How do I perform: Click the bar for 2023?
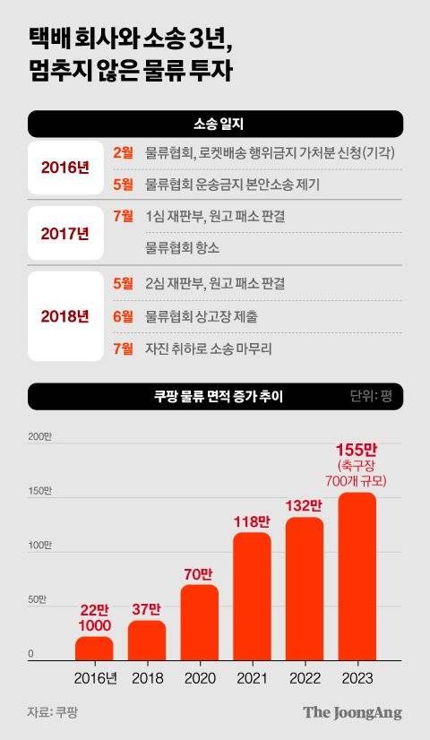click(x=357, y=577)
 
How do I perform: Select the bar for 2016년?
click(x=94, y=649)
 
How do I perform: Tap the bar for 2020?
click(x=199, y=623)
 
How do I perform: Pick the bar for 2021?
click(x=252, y=597)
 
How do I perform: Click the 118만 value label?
click(x=252, y=521)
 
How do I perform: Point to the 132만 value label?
click(x=305, y=506)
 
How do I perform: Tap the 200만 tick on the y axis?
click(x=40, y=437)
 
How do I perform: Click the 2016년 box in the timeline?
click(x=65, y=167)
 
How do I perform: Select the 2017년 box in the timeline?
click(x=65, y=234)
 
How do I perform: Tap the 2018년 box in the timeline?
click(x=65, y=316)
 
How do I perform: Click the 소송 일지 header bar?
click(x=215, y=124)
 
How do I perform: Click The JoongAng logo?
click(x=352, y=713)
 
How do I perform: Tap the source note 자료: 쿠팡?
click(x=52, y=713)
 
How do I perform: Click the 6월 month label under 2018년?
click(x=124, y=315)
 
